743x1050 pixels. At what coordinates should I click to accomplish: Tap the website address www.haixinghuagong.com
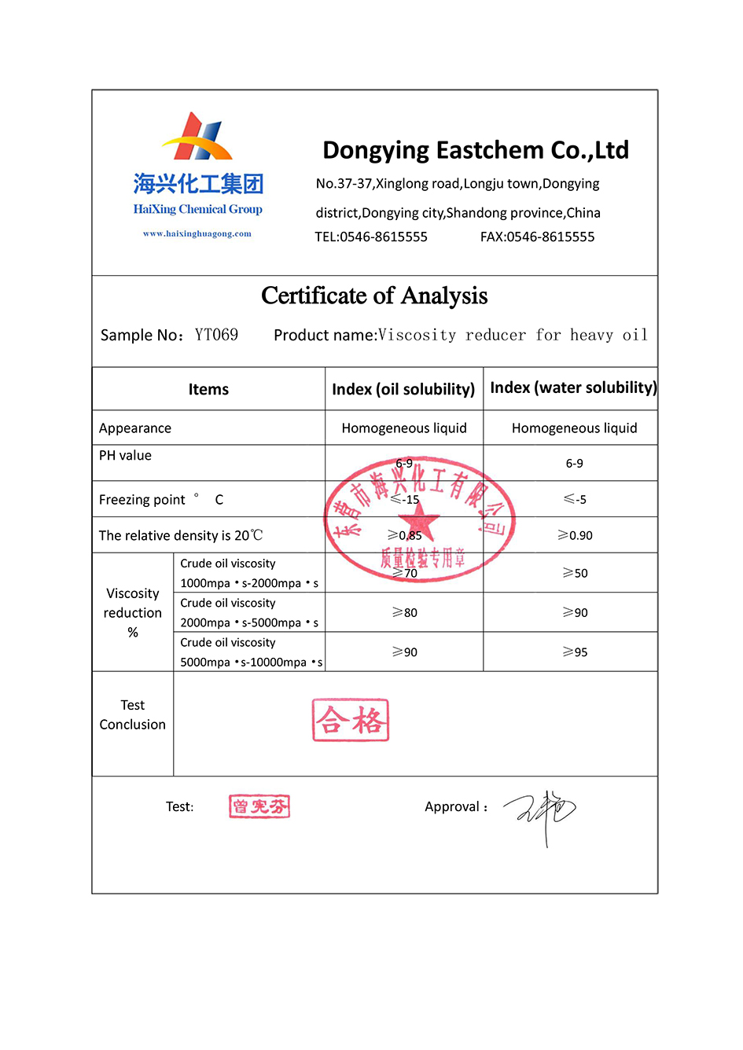[x=197, y=233]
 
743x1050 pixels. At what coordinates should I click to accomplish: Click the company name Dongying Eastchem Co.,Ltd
[x=476, y=150]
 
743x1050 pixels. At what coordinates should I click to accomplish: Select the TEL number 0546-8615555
[x=384, y=237]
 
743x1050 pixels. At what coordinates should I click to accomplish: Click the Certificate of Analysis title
[x=374, y=296]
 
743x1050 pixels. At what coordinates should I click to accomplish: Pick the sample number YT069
[x=216, y=335]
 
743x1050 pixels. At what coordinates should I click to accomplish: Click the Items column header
[x=208, y=389]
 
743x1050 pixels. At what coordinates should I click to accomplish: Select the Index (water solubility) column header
[x=573, y=387]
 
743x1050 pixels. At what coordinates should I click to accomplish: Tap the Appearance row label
[x=135, y=428]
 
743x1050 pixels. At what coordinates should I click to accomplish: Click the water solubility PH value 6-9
[x=575, y=464]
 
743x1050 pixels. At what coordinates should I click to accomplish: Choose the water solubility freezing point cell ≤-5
[x=575, y=499]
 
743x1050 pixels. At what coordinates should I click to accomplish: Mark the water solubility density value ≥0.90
[x=575, y=535]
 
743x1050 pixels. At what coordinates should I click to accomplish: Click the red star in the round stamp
[x=418, y=520]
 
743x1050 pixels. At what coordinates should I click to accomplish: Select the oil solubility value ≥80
[x=405, y=612]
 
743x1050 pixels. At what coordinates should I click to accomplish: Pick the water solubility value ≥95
[x=575, y=652]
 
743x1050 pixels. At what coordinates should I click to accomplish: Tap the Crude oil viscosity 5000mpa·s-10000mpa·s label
[x=251, y=652]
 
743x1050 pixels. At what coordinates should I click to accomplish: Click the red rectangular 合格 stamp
[x=351, y=720]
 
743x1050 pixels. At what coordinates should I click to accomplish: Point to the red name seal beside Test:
[x=259, y=806]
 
